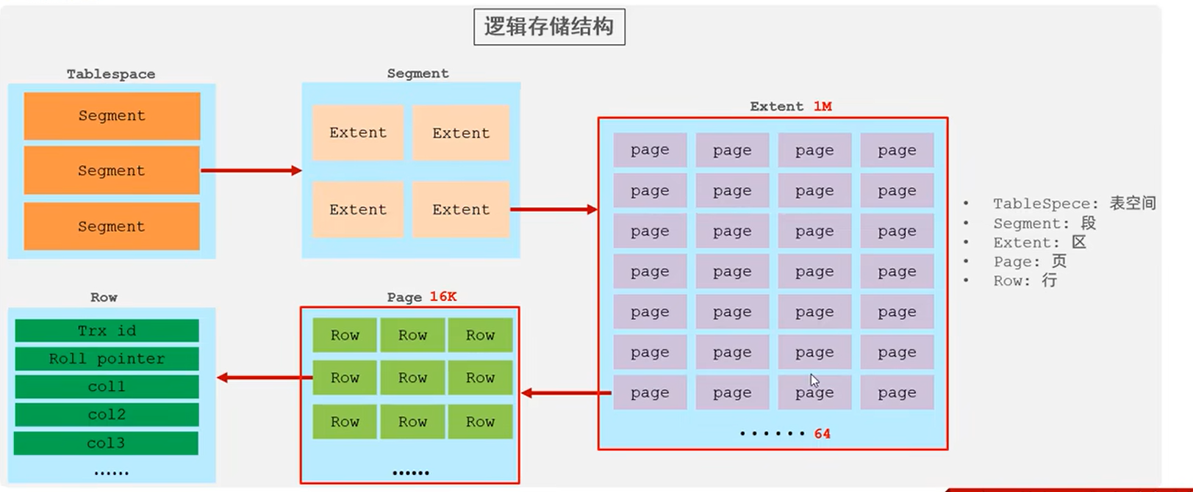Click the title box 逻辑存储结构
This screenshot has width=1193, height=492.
coord(549,27)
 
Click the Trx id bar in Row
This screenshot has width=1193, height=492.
coord(107,331)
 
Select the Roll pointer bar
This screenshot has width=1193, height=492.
coord(107,359)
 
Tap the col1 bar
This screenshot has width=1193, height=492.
coord(107,387)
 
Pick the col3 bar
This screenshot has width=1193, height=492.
coord(107,444)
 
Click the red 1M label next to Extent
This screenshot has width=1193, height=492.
coord(822,106)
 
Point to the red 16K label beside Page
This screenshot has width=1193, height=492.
coord(443,297)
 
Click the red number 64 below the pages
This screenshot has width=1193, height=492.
coord(822,434)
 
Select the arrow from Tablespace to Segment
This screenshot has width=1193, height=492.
coord(251,170)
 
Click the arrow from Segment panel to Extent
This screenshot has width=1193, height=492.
coord(553,209)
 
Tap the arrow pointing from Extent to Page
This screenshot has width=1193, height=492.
coord(566,393)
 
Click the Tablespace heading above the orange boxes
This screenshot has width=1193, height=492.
coord(111,74)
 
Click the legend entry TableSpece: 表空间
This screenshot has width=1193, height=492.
coord(1074,203)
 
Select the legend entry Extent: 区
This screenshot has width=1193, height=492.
coord(1039,242)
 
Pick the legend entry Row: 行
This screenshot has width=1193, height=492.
coord(1025,281)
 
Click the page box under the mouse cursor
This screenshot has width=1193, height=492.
coord(814,393)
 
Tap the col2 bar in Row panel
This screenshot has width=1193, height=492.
coord(107,415)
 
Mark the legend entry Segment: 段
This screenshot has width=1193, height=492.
coord(1044,223)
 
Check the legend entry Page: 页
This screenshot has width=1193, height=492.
coord(1029,261)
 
